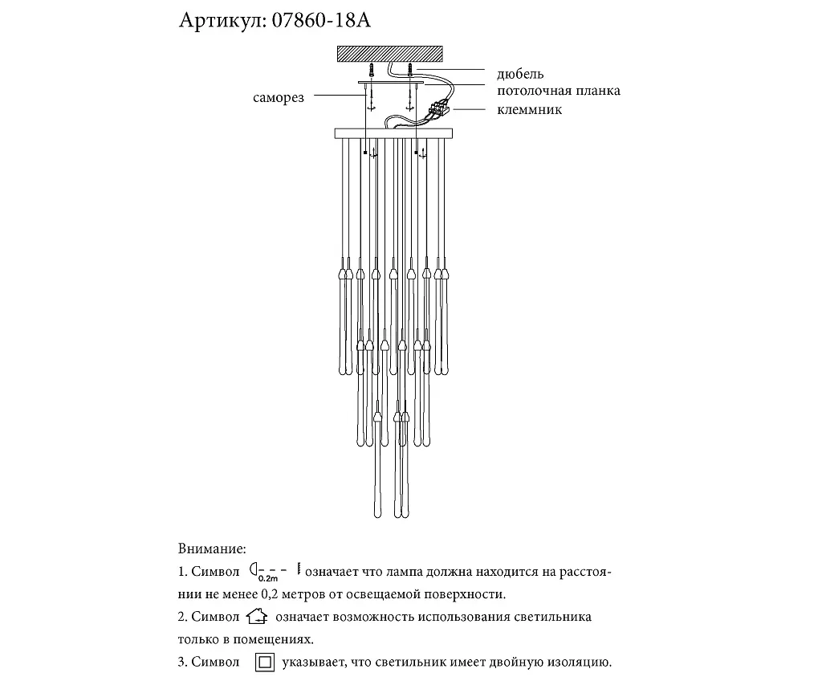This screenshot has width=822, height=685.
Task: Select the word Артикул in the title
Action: [x=218, y=21]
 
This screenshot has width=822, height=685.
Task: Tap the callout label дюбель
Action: [x=520, y=75]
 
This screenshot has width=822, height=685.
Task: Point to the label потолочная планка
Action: [x=559, y=92]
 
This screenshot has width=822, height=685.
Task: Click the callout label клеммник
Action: [x=530, y=109]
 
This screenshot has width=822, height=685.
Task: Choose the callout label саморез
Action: [x=278, y=98]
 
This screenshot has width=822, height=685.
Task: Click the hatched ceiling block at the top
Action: [x=391, y=55]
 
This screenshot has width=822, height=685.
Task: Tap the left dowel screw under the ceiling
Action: [x=373, y=71]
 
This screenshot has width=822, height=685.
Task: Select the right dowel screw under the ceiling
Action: [x=409, y=71]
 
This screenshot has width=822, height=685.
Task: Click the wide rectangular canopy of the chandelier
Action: [x=393, y=132]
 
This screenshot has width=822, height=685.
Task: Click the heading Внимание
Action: [x=210, y=549]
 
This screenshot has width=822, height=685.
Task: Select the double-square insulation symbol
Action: [x=265, y=663]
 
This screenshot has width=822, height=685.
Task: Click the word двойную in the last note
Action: [x=507, y=663]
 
